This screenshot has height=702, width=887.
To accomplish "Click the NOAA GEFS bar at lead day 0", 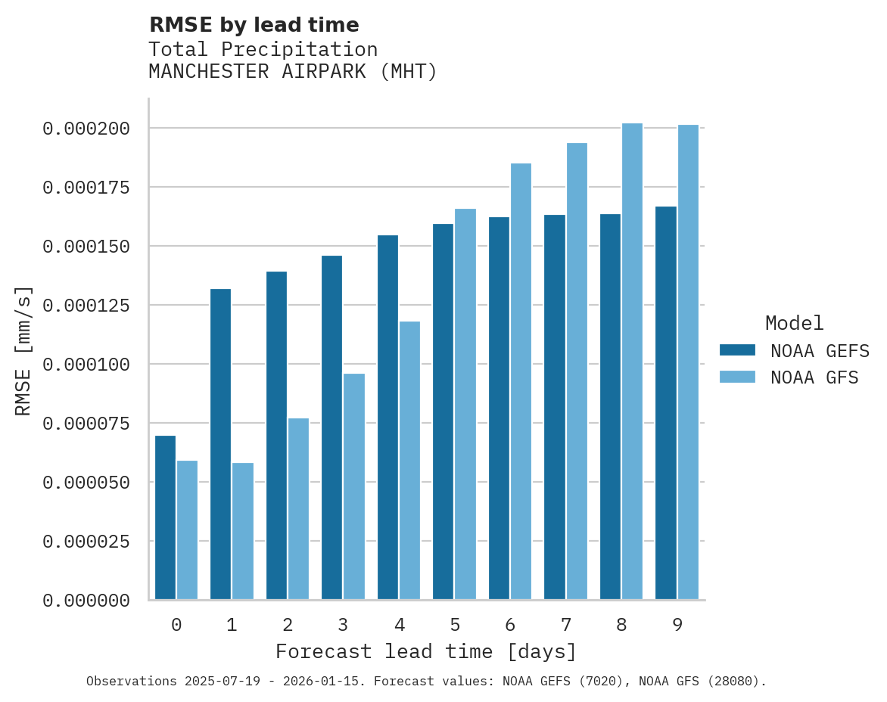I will coord(165,517).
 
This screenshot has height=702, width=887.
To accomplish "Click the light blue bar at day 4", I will coord(409,461).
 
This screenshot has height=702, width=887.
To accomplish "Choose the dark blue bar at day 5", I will coord(443,412).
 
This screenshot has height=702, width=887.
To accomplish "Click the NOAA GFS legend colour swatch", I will coord(737,377).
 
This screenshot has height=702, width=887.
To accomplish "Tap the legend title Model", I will coord(794,323).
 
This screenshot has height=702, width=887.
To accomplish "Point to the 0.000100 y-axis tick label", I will coord(86,365).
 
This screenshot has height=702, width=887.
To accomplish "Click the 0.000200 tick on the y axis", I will coord(86,129).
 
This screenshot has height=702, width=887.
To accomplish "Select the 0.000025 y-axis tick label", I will coord(86,542).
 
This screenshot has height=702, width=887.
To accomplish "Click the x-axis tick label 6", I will coord(510,625).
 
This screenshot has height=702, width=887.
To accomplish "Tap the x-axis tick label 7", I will coord(565,625).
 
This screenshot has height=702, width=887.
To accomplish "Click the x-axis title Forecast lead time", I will coord(426,651).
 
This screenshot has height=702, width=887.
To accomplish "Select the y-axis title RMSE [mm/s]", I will coord(23,351).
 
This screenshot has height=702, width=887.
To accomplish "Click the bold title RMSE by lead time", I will coord(254,25).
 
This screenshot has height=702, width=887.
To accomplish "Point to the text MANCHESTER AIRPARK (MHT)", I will coord(293,72).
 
